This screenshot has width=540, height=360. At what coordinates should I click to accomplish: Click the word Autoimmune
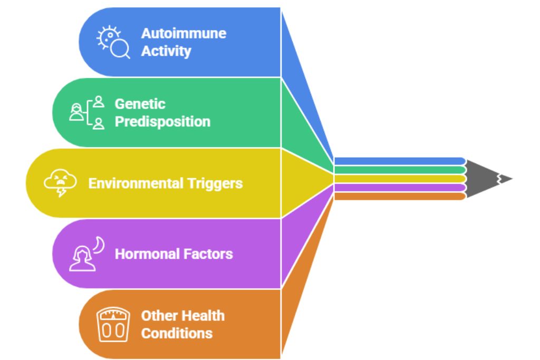[x=183, y=33]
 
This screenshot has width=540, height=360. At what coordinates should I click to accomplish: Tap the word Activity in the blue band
[x=166, y=51]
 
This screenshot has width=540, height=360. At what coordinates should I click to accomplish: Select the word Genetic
[x=140, y=104]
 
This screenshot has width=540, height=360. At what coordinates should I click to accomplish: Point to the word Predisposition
[x=162, y=122]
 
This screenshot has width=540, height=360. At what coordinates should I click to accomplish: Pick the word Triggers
[x=214, y=183]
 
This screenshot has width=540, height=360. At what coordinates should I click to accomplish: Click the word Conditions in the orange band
[x=177, y=333]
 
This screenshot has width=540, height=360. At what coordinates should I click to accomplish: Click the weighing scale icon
[x=113, y=324]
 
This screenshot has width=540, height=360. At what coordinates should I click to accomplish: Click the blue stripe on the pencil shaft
[x=400, y=161]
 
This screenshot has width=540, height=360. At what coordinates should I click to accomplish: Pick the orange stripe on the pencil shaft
[x=400, y=196]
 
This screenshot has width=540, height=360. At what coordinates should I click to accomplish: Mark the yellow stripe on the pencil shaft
[x=400, y=179]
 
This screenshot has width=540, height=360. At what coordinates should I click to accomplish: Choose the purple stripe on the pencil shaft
[x=400, y=187]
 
